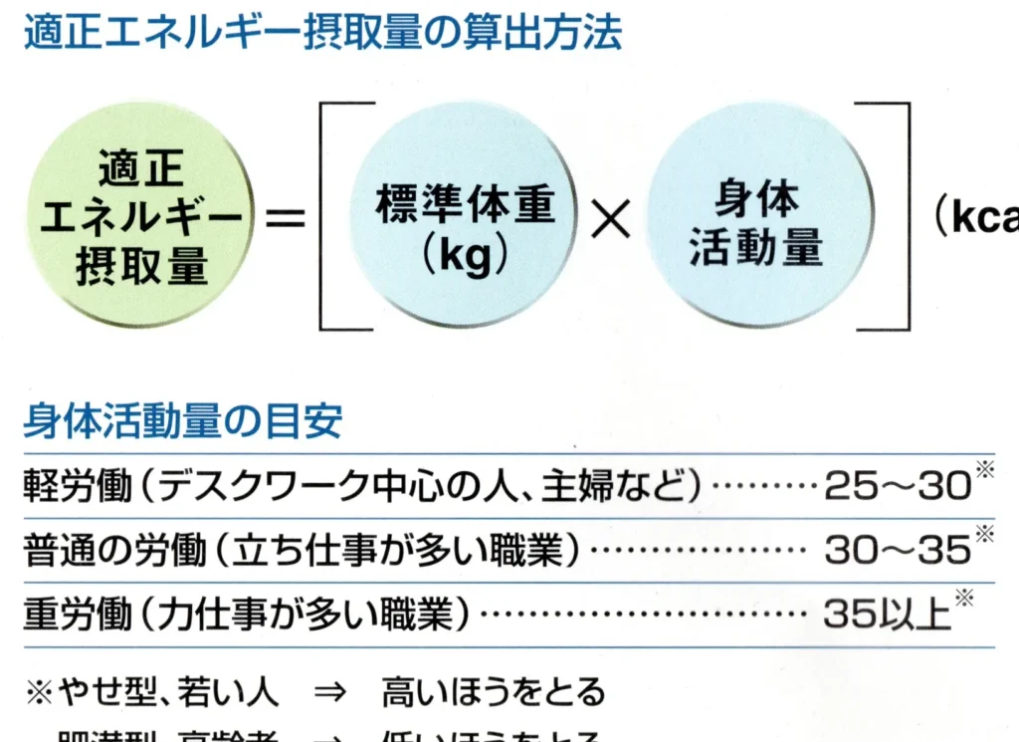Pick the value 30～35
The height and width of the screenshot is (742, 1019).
tap(896, 549)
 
